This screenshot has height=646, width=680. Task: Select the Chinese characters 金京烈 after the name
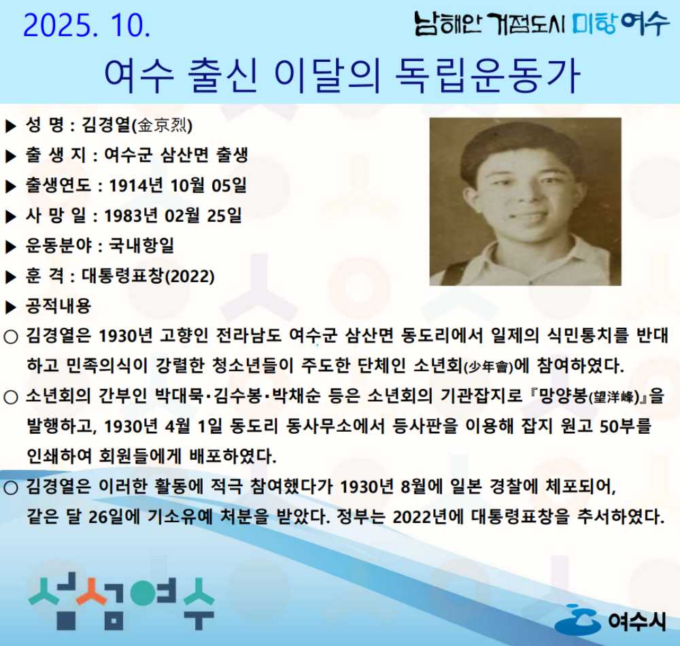tap(164, 125)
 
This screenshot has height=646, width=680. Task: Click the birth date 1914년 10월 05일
tap(177, 185)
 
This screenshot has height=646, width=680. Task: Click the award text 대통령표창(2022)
tap(148, 276)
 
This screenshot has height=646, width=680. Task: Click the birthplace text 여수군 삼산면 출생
tap(175, 155)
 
